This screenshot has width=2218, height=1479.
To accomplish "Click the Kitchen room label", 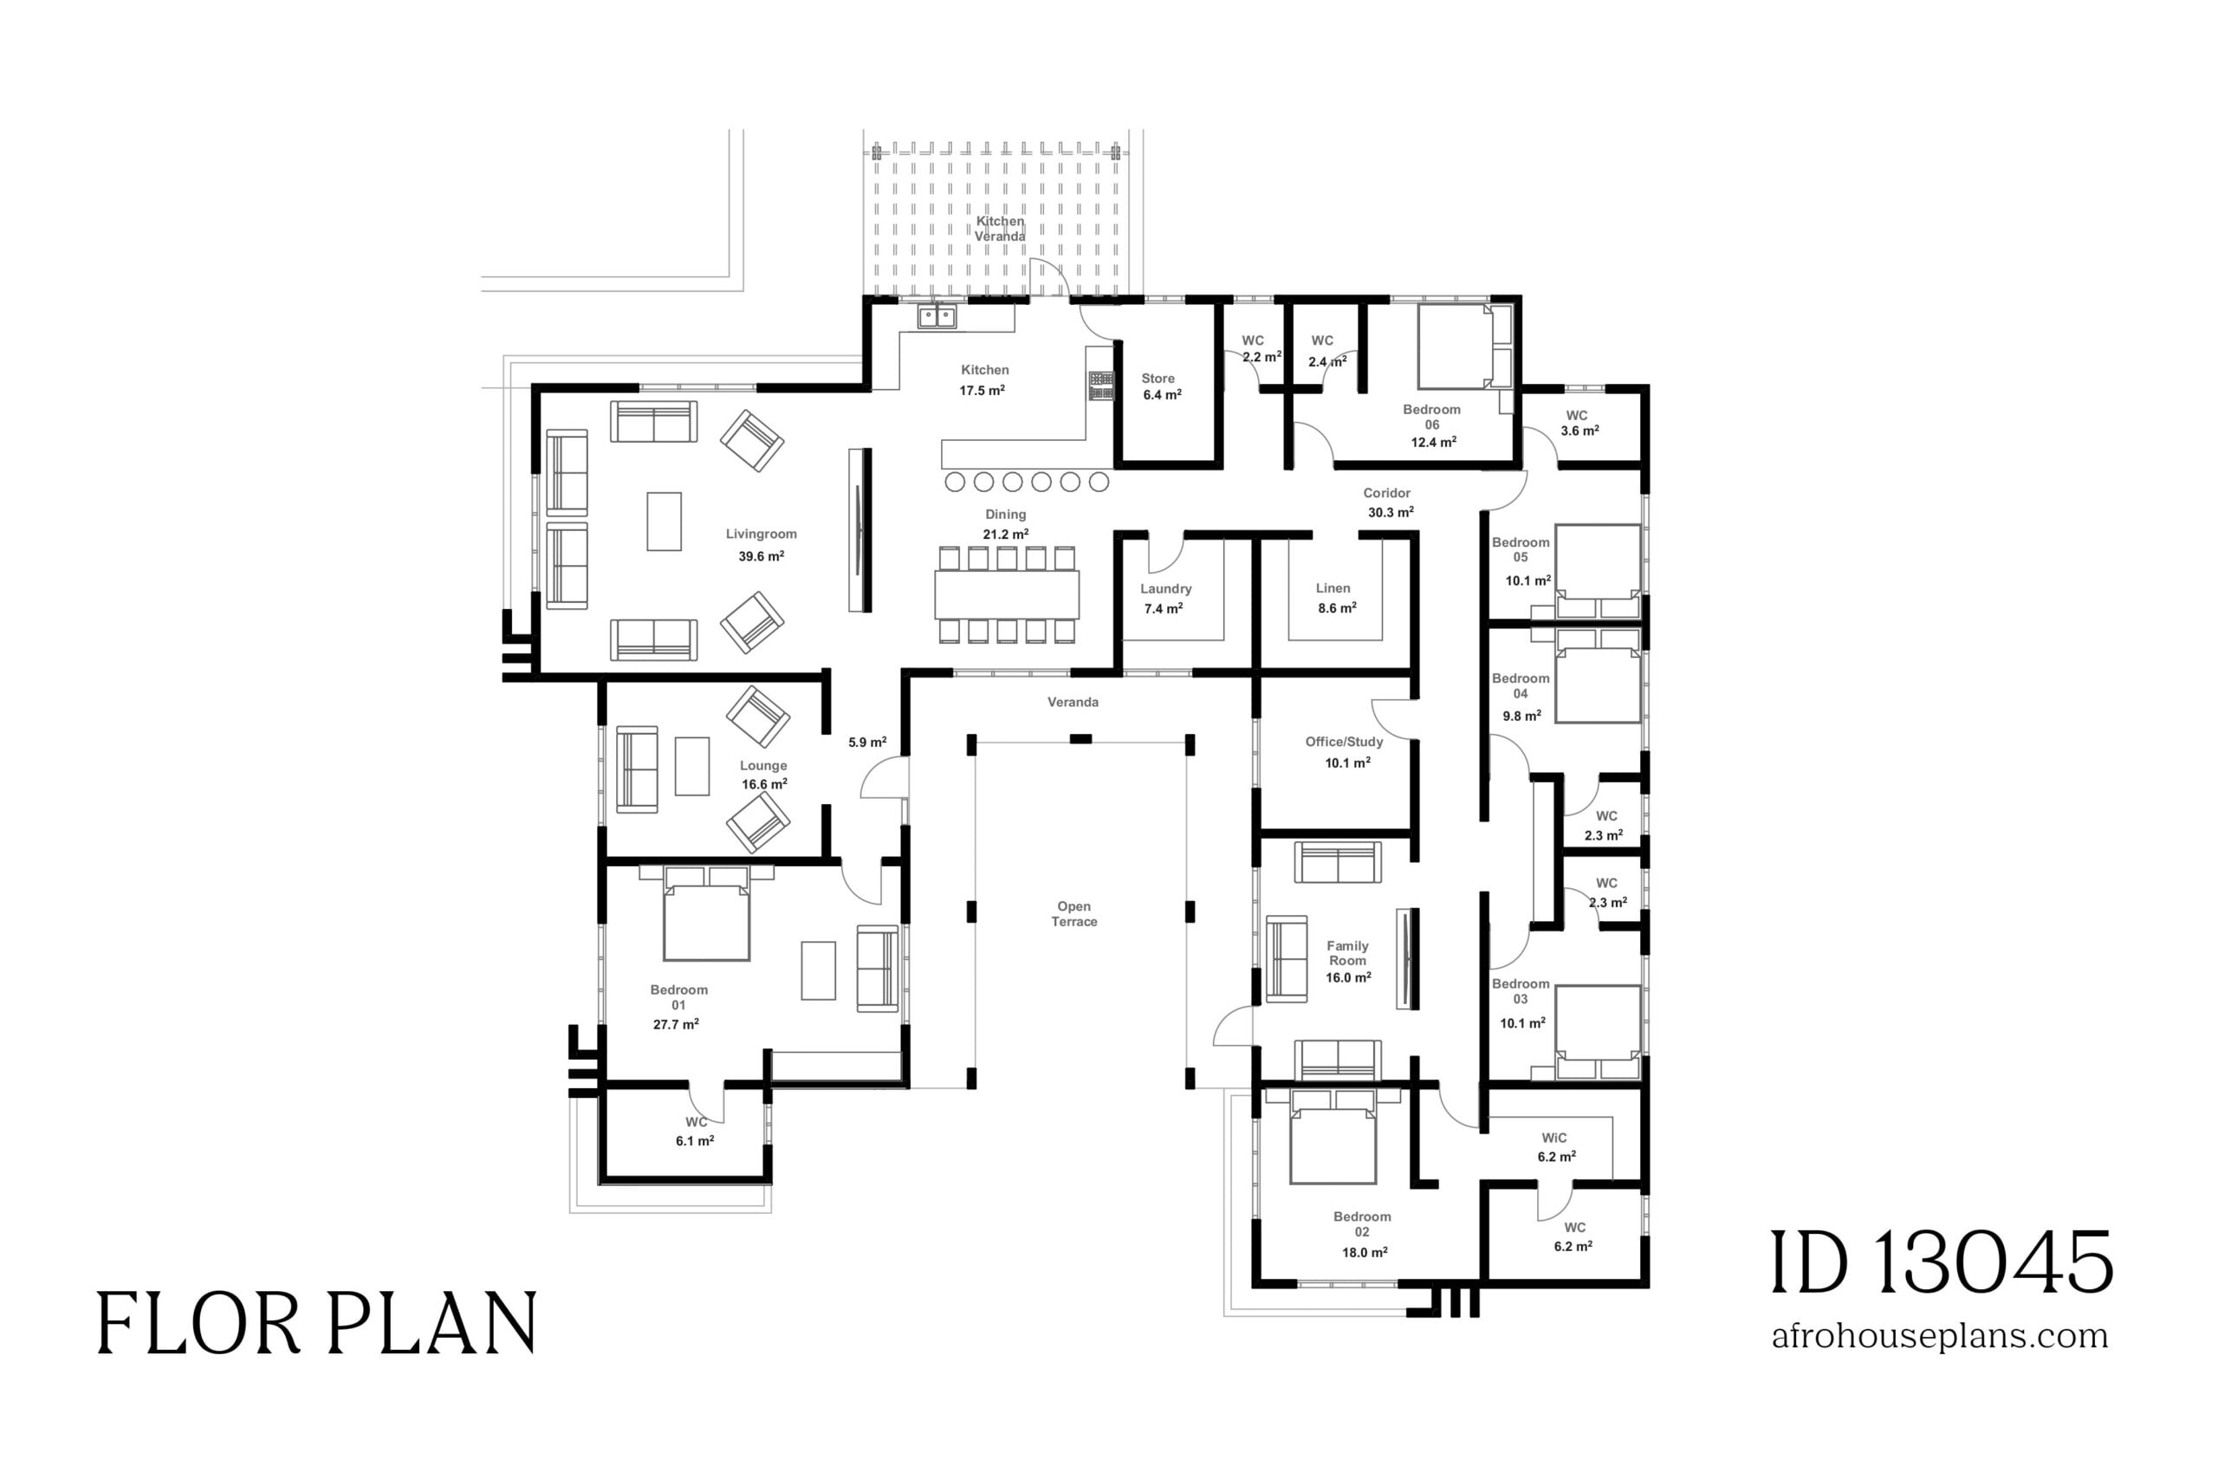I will [984, 371].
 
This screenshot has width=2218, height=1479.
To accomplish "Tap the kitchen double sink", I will [937, 316].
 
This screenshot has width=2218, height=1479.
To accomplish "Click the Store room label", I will [1158, 379].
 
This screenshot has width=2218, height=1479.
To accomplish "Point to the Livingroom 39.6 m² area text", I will [761, 556].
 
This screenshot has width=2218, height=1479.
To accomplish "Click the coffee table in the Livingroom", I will [664, 522].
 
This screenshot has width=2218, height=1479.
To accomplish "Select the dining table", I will [1006, 595].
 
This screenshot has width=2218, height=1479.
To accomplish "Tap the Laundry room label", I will [1165, 589].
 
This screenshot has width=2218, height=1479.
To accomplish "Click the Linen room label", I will [1333, 588].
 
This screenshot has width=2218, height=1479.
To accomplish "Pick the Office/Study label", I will [1344, 743].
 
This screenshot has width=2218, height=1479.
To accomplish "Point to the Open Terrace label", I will [1074, 914].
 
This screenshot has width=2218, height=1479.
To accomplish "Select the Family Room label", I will [1347, 954].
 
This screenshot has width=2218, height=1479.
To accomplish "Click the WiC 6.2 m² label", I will [1555, 1147].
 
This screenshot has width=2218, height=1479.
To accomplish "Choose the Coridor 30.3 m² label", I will [1388, 503].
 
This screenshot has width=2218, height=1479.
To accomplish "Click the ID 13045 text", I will [1941, 1263].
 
